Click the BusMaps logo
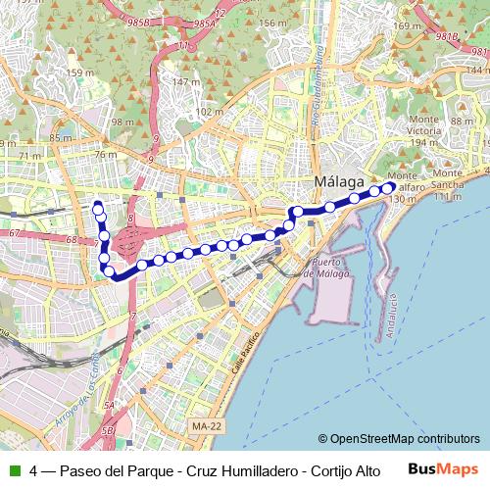tap(443, 469)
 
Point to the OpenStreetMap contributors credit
tap(399, 439)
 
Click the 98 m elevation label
tap(122, 122)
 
